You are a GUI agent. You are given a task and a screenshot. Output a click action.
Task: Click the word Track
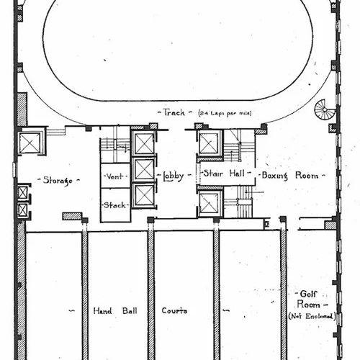tap(174, 112)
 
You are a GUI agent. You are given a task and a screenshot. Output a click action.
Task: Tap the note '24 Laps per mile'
tap(225, 113)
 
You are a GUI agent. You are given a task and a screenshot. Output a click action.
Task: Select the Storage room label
tap(58, 180)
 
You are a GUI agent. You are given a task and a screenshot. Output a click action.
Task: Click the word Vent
tap(115, 176)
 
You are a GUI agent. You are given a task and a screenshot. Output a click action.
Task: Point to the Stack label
tap(114, 205)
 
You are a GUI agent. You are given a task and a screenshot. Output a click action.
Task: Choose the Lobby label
tap(174, 176)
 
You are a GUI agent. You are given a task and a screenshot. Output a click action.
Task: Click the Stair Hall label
tap(224, 173)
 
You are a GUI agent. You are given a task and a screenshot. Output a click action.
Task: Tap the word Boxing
tap(274, 176)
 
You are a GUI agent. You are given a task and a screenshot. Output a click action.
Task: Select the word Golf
tap(309, 294)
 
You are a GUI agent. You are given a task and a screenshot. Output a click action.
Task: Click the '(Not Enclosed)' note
tap(312, 316)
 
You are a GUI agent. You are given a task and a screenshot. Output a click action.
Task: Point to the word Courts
tap(174, 310)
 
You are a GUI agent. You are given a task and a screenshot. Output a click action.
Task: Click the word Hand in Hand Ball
tap(102, 311)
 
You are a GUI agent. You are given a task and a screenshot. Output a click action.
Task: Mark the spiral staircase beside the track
tap(325, 109)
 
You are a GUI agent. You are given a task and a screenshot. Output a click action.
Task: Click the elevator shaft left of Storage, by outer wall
tap(30, 143)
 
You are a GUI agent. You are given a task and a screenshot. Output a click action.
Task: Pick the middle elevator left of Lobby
tap(144, 169)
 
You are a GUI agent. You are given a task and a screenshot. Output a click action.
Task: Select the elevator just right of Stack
tap(144, 196)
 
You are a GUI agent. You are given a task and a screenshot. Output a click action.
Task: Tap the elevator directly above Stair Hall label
tap(209, 143)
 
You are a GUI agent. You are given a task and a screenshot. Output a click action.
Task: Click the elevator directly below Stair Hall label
tap(210, 204)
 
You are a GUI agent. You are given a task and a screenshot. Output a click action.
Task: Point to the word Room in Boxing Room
tap(307, 176)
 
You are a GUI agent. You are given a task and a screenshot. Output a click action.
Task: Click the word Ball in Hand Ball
tap(130, 311)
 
